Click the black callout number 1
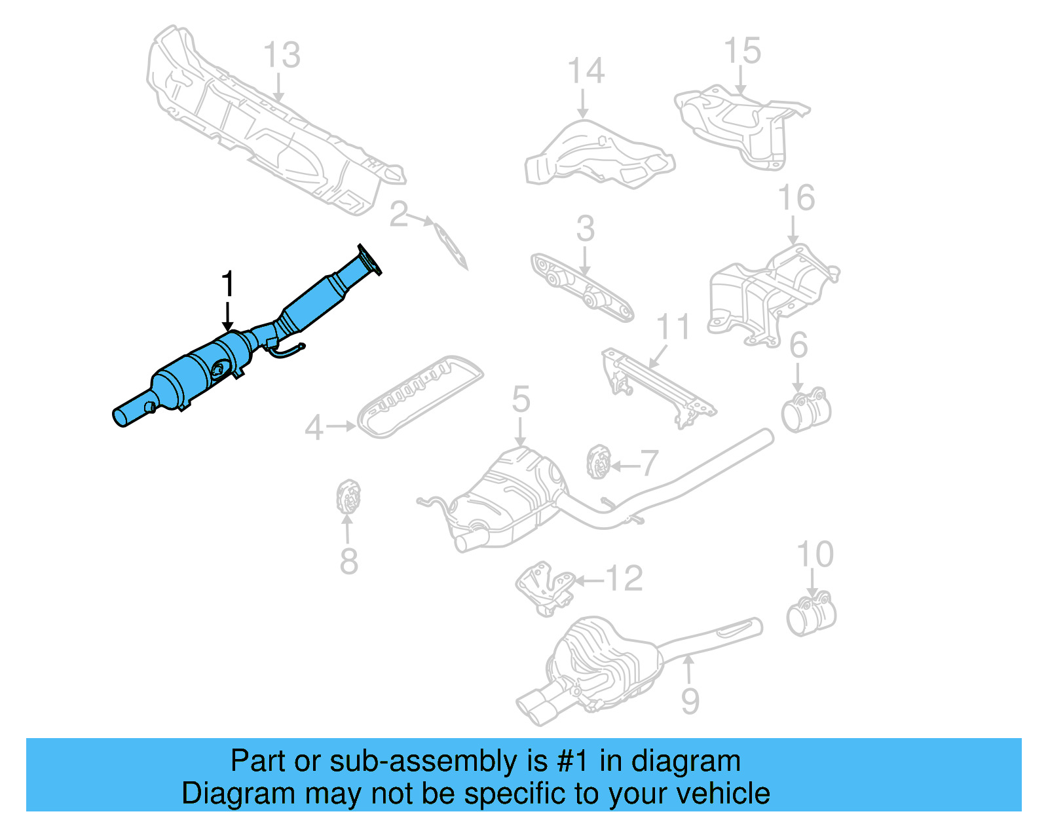pos(227,285)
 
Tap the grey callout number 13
pos(282,55)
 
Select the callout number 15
pos(742,51)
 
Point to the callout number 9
pos(690,701)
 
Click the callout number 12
pos(624,579)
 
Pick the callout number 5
pos(521,399)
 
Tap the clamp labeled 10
pos(811,615)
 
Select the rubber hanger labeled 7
pos(597,461)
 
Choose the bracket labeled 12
pos(544,587)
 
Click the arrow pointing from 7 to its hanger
pos(624,466)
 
